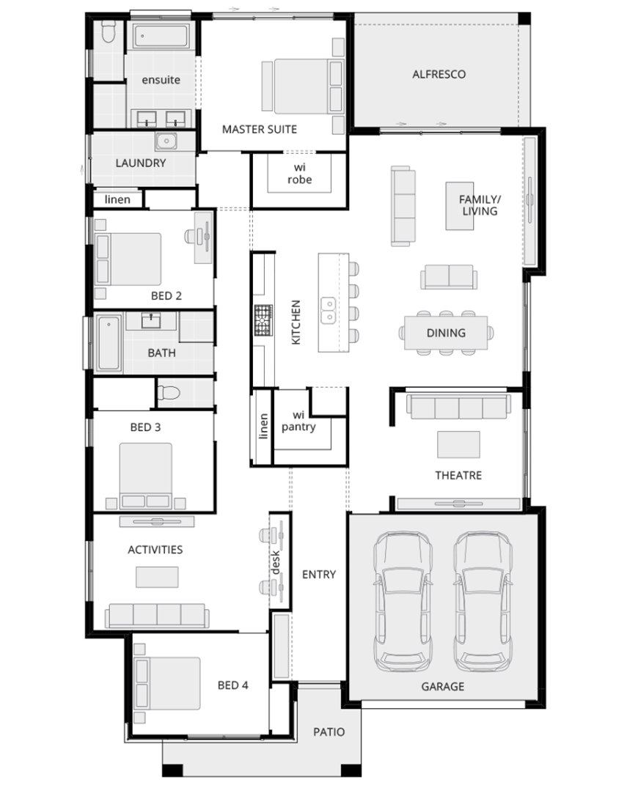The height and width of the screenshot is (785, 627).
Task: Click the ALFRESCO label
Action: (439, 75)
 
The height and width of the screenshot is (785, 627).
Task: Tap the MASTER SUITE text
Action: (260, 130)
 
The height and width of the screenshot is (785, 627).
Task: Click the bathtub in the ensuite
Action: (161, 37)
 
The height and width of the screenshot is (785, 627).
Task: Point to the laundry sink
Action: (165, 141)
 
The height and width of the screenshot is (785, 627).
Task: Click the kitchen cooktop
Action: (263, 320)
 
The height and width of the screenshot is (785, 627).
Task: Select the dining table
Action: (446, 333)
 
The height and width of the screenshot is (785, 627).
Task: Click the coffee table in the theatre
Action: (458, 445)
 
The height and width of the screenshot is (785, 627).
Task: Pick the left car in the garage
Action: (403, 601)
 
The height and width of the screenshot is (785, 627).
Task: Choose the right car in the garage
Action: (483, 601)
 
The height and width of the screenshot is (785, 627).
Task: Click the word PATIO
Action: (329, 732)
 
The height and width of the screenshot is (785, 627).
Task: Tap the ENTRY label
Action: (318, 575)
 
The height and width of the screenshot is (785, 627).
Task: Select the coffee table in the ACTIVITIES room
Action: (157, 577)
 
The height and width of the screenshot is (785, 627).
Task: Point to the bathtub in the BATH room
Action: (109, 342)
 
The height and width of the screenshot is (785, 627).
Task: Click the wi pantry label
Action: (298, 421)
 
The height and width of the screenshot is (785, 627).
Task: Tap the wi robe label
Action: (299, 173)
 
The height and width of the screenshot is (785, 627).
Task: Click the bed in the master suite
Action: (302, 86)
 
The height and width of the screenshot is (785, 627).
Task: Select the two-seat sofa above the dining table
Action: (448, 277)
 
